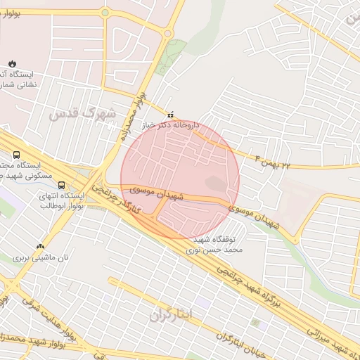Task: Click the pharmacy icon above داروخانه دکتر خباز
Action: point(169,115)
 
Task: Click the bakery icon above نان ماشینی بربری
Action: point(40,247)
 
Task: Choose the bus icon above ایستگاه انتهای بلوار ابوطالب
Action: point(63,185)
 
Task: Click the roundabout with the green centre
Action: point(105,13)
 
